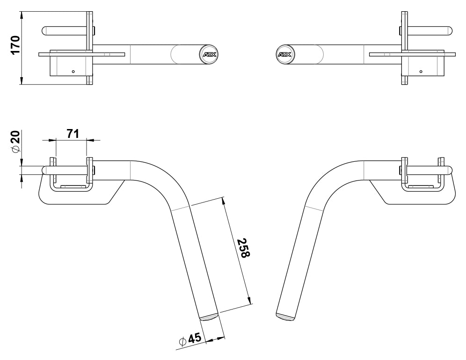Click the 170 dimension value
15,45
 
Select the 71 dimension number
72,134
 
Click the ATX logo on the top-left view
207,54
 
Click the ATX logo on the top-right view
284,54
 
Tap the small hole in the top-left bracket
73,72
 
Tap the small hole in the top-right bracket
421,72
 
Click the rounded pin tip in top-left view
45,30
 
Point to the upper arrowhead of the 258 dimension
224,202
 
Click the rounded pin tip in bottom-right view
450,170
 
